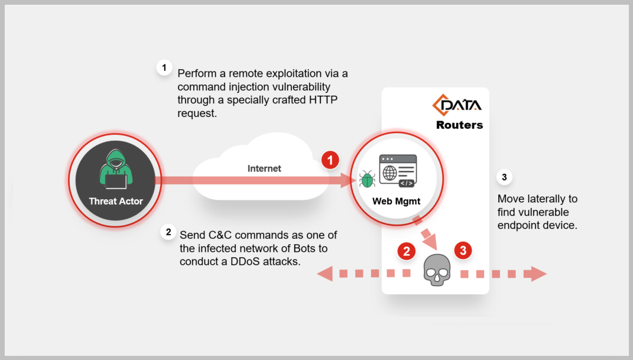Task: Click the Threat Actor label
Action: [116, 201]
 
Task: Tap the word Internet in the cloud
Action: [264, 168]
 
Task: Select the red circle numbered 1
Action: [330, 159]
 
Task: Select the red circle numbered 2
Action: [406, 251]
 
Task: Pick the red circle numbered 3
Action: [463, 251]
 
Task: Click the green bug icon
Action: [367, 179]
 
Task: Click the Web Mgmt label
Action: [396, 201]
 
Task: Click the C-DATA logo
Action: [457, 106]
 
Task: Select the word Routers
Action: [459, 125]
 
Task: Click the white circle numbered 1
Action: [164, 67]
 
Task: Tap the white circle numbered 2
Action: [168, 232]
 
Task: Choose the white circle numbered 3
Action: [504, 177]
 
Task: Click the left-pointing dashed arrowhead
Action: [324, 273]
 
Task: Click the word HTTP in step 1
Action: [323, 99]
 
